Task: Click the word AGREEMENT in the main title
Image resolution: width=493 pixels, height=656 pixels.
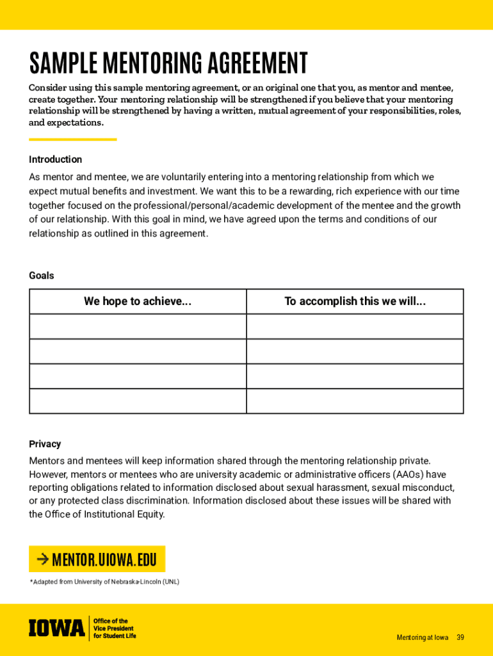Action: click(x=253, y=63)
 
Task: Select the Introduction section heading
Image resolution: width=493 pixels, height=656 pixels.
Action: click(x=55, y=160)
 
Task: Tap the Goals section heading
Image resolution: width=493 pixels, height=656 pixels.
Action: click(x=42, y=275)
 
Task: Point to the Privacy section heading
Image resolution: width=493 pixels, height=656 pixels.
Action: click(x=45, y=444)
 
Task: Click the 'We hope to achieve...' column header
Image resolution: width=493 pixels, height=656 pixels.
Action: click(x=138, y=301)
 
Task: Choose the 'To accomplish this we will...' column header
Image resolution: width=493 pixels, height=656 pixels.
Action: click(x=355, y=301)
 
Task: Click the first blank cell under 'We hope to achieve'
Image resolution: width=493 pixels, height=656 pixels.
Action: click(x=138, y=326)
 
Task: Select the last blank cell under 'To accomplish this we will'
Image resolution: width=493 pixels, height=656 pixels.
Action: click(x=355, y=401)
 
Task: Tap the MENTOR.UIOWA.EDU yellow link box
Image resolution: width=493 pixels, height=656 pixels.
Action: click(x=97, y=559)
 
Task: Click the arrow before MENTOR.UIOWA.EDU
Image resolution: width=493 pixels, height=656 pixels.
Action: click(x=42, y=559)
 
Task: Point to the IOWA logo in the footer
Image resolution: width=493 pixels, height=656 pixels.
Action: click(x=56, y=628)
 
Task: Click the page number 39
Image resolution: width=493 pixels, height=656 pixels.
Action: click(x=460, y=637)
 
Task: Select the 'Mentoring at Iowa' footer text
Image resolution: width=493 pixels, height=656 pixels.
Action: click(x=422, y=637)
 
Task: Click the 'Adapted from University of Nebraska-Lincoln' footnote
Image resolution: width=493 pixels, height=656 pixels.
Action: click(x=105, y=582)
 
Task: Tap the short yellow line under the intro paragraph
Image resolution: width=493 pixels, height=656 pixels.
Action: click(x=72, y=139)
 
